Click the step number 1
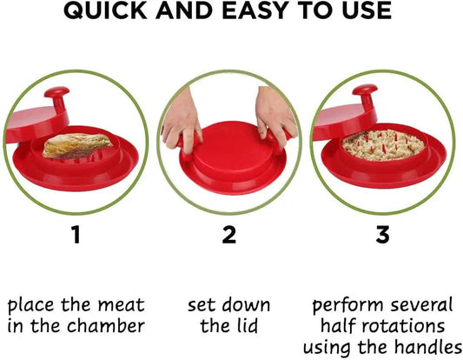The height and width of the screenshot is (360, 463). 76,235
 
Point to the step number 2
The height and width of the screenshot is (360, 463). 229,235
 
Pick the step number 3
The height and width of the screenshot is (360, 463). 383,235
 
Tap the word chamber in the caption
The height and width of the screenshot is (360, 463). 106,326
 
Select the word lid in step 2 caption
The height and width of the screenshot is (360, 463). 248,326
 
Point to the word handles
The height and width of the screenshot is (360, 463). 428,347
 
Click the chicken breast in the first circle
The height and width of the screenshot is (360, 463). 77,146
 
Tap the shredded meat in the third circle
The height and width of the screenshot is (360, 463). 383,145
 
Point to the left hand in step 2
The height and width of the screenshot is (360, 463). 182,121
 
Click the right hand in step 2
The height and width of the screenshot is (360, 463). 274,116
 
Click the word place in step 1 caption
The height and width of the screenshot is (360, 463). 30,305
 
